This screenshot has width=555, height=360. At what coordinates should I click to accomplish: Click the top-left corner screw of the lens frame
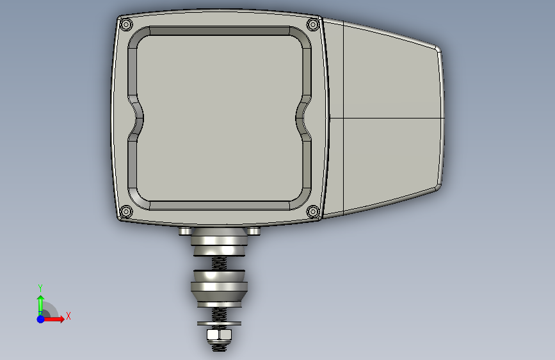click(x=126, y=25)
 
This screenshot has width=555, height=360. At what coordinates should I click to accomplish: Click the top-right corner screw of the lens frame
click(x=313, y=24)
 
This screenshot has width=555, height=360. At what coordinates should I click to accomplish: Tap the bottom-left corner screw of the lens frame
click(x=126, y=212)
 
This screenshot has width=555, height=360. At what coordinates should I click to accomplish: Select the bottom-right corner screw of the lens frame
click(x=313, y=211)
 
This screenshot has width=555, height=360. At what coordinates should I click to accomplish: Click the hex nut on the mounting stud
click(x=219, y=334)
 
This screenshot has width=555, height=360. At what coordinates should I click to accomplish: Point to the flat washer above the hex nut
click(x=219, y=323)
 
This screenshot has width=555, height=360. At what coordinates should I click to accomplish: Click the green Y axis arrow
click(x=40, y=306)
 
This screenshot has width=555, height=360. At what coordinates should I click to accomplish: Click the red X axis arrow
click(x=53, y=319)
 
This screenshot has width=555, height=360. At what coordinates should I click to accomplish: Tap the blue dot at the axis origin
click(x=41, y=319)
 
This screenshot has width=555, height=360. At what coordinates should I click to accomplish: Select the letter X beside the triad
click(x=68, y=316)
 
